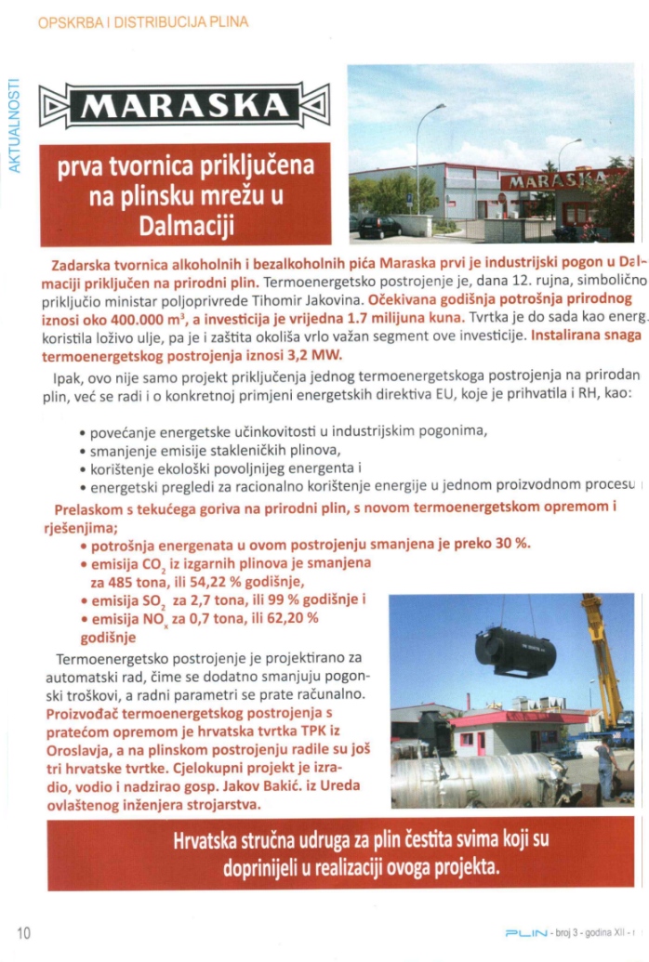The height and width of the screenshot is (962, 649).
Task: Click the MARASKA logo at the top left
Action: click(x=184, y=105)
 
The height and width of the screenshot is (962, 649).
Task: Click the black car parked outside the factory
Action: click(x=379, y=227)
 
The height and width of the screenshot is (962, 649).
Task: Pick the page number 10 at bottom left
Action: click(x=24, y=932)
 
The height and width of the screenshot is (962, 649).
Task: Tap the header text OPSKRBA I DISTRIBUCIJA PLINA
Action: click(x=143, y=21)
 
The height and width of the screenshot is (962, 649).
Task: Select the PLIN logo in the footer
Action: click(x=525, y=932)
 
